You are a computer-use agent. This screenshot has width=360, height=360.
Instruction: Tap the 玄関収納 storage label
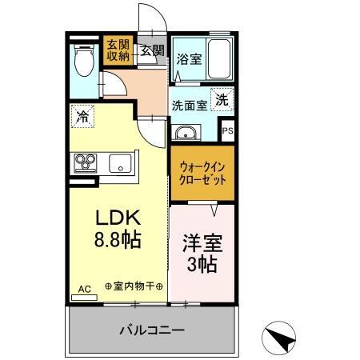[x=116, y=50]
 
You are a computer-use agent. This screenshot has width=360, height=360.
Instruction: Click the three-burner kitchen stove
[x=86, y=163]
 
